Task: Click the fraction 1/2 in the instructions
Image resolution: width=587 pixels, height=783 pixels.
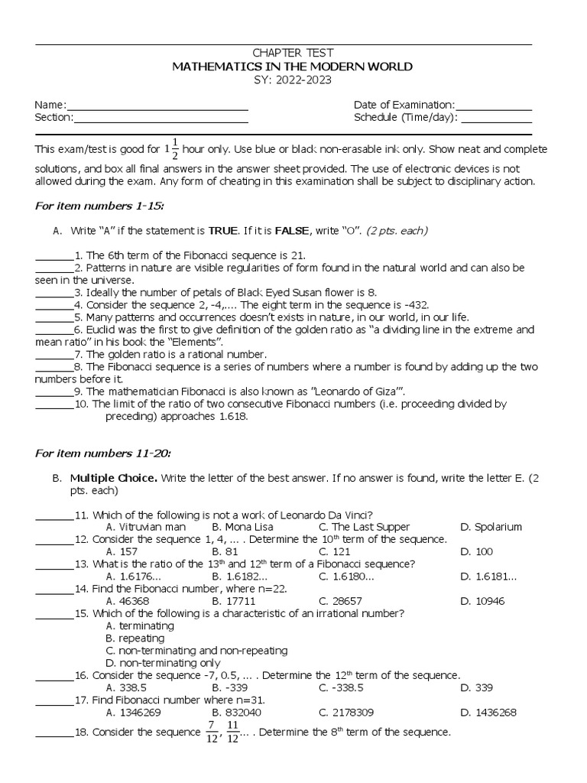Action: coord(174,148)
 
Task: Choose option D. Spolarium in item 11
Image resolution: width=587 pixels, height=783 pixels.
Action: coord(491,527)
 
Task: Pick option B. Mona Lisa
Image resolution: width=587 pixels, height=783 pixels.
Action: coord(242,527)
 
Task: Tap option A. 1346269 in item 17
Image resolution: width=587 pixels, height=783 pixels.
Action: coord(134,712)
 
